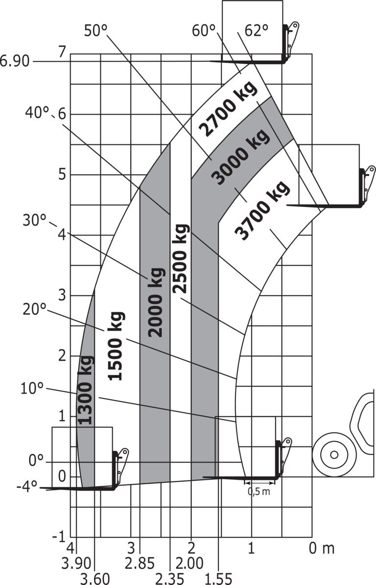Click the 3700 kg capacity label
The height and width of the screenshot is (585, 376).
point(262,210)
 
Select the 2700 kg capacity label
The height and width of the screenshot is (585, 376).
point(228,108)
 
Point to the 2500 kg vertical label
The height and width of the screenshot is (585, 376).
point(181,258)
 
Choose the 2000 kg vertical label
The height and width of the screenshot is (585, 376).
point(156,302)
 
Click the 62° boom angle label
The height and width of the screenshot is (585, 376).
point(257,30)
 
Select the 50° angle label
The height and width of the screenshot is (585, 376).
point(96,30)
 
